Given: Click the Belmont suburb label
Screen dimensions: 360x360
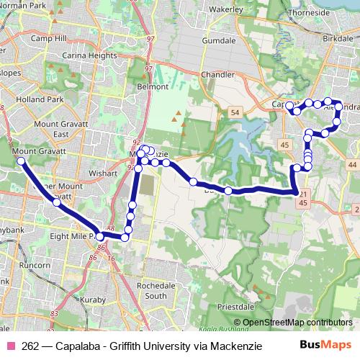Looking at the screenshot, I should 153,87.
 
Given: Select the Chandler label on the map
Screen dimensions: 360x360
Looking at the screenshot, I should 219,74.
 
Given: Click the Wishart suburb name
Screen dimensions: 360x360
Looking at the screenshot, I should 102,174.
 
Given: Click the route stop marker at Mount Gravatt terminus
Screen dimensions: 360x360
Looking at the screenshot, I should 21,161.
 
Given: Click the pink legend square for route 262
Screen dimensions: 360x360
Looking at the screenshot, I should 11,346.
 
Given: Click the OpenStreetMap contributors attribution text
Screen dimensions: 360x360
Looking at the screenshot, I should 297,322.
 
